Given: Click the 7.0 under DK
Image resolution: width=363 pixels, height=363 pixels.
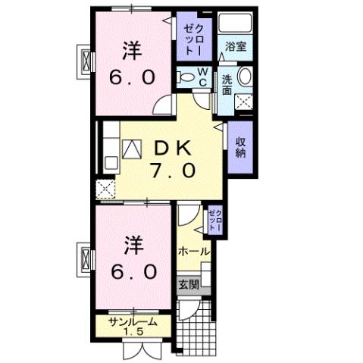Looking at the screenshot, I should [174, 171].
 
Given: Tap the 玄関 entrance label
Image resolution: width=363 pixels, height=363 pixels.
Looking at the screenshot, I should [189, 285].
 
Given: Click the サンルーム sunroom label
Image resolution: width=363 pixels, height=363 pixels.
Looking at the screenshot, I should [133, 321].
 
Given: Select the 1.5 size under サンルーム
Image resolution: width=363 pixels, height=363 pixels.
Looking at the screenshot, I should [133, 332].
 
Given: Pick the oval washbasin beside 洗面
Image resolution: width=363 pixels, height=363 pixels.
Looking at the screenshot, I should [245, 77].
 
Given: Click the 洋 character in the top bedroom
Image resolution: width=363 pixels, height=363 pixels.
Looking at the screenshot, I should [133, 52].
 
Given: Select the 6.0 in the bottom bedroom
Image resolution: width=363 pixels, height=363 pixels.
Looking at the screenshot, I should [133, 270].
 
